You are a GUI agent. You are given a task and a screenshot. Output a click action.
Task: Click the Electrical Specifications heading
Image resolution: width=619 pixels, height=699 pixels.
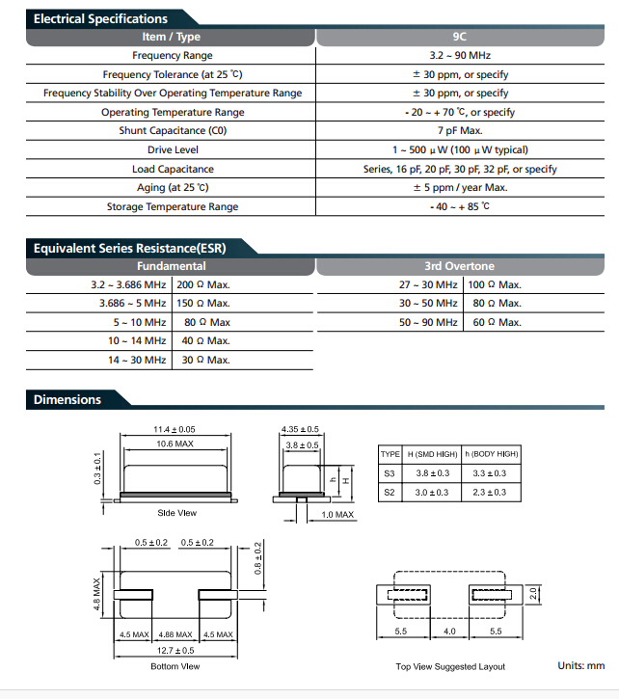point(100,18)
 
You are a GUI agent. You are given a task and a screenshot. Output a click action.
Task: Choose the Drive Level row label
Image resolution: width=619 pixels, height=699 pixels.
point(173,150)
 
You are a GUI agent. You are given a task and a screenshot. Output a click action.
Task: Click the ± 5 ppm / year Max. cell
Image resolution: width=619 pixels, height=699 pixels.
point(460,188)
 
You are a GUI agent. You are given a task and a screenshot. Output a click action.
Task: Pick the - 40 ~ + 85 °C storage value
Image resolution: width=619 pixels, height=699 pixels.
point(459,207)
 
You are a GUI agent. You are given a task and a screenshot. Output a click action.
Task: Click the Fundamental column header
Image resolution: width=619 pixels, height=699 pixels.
point(171,266)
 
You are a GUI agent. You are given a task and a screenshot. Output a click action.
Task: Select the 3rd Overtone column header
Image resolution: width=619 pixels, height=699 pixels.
point(459,266)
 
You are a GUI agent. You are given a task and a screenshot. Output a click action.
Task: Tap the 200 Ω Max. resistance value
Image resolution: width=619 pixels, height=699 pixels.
point(203,285)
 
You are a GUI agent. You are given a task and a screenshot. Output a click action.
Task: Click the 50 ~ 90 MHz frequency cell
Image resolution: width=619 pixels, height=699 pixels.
point(428,323)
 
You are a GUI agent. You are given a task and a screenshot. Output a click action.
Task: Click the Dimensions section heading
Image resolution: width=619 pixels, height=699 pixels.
point(67,399)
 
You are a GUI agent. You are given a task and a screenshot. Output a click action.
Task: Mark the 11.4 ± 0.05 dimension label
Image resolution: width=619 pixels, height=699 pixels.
point(174,429)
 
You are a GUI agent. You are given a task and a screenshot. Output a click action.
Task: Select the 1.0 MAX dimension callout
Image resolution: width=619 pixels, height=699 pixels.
point(337,515)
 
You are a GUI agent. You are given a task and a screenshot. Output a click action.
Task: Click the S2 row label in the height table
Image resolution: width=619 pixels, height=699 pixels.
point(390,493)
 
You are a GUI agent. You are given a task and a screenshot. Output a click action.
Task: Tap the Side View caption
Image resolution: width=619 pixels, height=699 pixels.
point(175,514)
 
